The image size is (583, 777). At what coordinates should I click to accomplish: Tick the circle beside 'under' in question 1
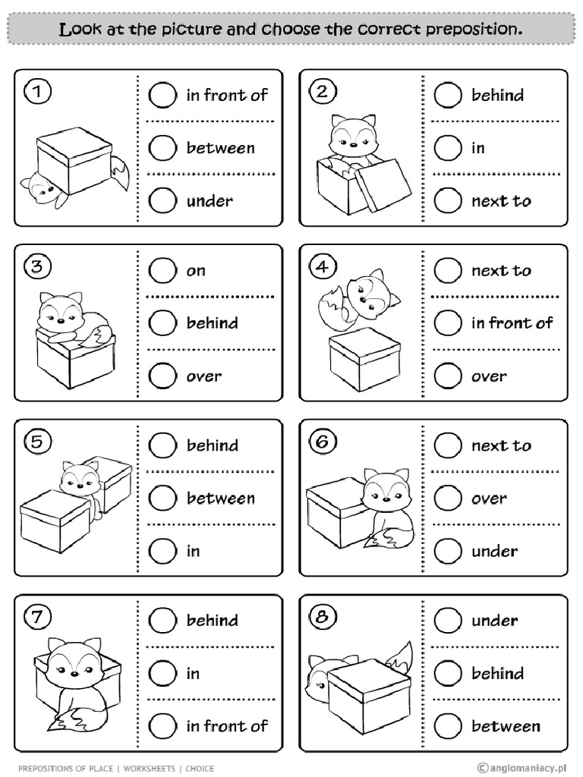[162, 201]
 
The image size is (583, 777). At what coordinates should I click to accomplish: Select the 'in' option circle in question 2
[447, 148]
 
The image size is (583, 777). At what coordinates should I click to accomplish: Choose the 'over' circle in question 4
[447, 376]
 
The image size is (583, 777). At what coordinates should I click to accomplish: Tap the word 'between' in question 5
[221, 499]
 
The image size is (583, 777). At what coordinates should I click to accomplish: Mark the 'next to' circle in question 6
[447, 445]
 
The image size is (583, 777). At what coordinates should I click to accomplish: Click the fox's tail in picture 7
[71, 719]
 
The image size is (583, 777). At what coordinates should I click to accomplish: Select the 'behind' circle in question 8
[447, 673]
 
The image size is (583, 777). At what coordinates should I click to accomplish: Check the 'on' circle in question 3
[162, 270]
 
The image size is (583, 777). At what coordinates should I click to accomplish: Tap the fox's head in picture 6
[386, 493]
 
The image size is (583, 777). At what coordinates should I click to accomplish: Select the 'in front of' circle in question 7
[162, 726]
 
